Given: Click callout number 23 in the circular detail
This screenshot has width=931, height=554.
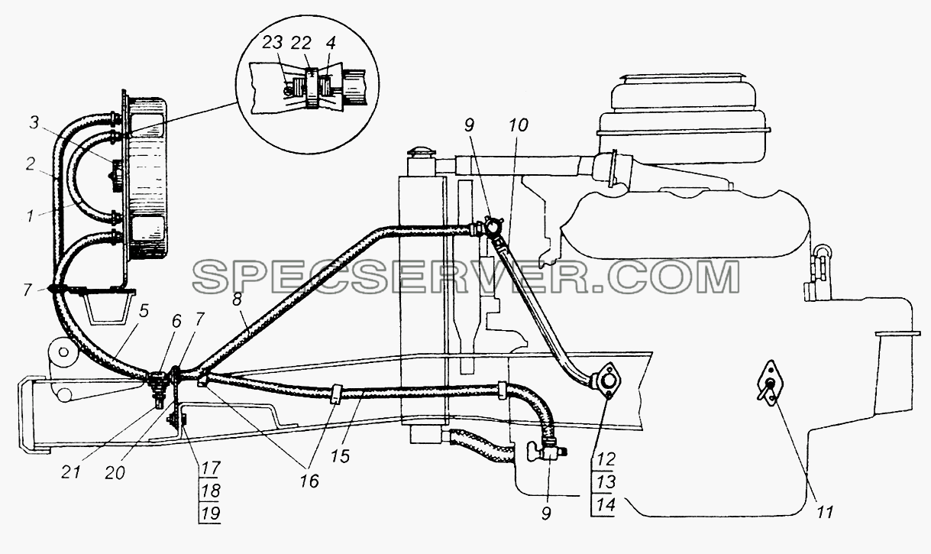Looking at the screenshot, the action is coord(272,43).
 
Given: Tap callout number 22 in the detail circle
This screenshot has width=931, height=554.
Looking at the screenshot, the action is coord(301,43).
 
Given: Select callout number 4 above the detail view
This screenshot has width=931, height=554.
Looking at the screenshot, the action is coord(331,43).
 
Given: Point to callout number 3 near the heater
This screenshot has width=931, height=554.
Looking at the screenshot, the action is coord(34,123).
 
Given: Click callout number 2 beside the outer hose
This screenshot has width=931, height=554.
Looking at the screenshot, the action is coord(30,164).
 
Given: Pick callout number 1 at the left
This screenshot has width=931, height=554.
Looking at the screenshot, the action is coord(30,215).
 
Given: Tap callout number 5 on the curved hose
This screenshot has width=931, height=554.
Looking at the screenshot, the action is coord(144,311).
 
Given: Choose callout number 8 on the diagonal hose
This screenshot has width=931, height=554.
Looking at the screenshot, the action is coord(238,299).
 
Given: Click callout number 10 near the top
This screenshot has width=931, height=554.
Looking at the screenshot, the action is coord(518,125).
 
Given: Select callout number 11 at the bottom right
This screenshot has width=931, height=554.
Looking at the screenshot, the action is coord(824,513).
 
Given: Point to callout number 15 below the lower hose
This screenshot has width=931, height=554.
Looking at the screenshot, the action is coord(341,456).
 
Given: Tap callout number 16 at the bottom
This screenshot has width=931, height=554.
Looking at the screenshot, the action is coord(309,481).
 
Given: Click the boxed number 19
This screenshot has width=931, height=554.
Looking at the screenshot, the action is coord(210,514).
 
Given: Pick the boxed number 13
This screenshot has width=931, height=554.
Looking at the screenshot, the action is coord(606,482).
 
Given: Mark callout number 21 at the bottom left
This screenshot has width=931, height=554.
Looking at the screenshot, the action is coord(71,473).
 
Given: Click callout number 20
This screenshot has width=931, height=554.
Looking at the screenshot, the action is coord(115,473).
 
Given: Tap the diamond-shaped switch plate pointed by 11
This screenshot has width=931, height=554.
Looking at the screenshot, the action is coord(770,383).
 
